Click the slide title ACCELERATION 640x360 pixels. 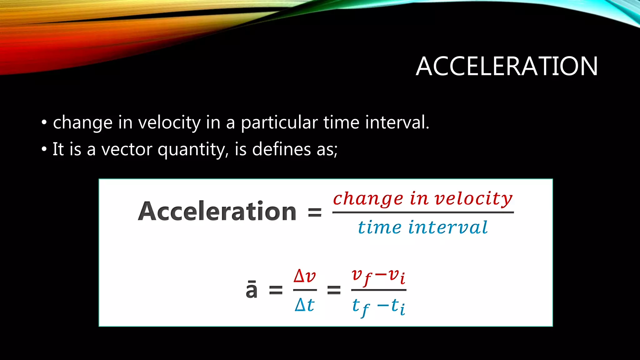click(x=507, y=66)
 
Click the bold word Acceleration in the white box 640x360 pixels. click(x=217, y=212)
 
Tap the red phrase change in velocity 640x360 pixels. click(x=422, y=199)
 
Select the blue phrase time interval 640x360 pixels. click(x=422, y=227)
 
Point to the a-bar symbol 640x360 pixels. click(x=252, y=290)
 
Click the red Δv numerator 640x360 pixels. click(x=305, y=276)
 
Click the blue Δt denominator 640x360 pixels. click(x=305, y=305)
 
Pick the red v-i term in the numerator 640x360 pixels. click(x=397, y=277)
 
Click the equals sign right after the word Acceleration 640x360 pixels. click(x=315, y=212)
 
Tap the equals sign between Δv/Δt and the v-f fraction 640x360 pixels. click(x=334, y=290)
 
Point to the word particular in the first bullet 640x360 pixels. click(x=279, y=122)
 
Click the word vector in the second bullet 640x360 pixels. click(x=127, y=149)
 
